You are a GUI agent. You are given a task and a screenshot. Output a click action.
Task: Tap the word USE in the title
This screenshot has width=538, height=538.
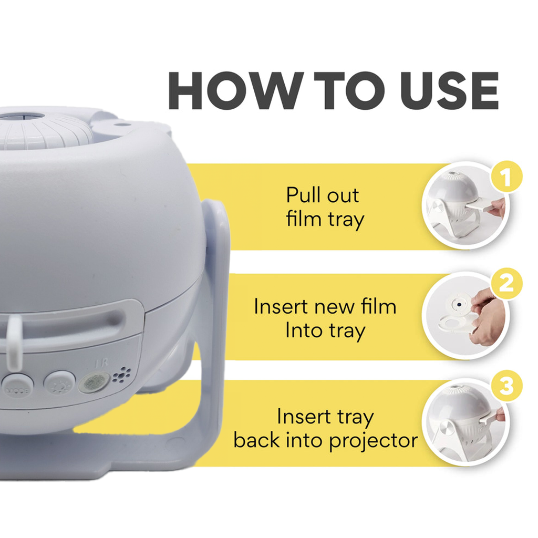449,90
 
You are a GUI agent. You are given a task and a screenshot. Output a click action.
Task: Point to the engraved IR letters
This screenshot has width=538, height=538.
101,363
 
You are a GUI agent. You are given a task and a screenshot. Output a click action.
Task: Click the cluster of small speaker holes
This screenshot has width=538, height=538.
122,375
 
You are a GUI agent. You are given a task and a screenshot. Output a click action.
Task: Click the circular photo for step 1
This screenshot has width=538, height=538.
465,206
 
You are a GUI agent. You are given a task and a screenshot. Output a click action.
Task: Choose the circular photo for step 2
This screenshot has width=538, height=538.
465,315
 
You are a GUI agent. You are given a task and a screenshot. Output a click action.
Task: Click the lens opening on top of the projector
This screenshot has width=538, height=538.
21,117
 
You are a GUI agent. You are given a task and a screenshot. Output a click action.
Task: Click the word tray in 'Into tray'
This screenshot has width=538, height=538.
347,332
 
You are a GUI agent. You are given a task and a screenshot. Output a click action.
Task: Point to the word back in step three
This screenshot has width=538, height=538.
256,440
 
